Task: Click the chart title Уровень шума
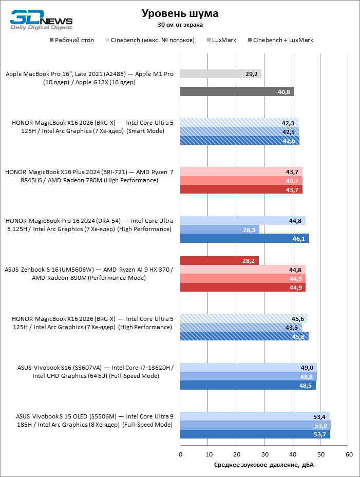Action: [x=180, y=13]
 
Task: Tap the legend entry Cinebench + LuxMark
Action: [x=283, y=40]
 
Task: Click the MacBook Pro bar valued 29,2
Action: [x=221, y=74]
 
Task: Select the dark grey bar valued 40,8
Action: [x=237, y=92]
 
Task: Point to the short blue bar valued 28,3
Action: [x=220, y=230]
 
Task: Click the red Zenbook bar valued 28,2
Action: [x=219, y=261]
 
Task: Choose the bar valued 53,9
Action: [x=255, y=425]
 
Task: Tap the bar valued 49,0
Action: [x=249, y=367]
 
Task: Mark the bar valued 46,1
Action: [x=244, y=238]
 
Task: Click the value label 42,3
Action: [x=288, y=123]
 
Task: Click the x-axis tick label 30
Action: [x=264, y=454]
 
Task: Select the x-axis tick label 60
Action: [x=349, y=454]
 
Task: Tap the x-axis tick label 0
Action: [x=180, y=454]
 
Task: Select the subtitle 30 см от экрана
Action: [x=180, y=25]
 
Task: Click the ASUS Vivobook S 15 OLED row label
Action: [x=94, y=421]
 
